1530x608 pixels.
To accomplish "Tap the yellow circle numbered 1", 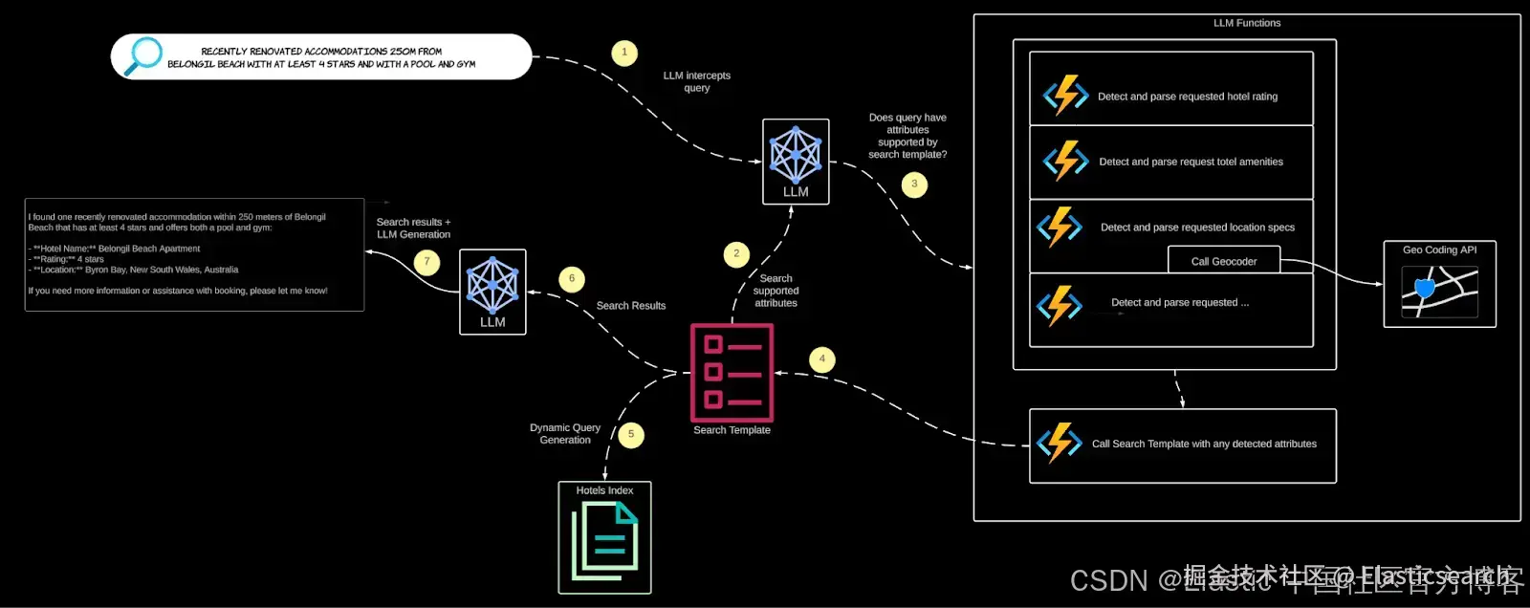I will point(624,53).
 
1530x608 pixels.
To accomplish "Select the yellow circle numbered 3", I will point(914,184).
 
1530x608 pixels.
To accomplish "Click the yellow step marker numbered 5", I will point(631,435).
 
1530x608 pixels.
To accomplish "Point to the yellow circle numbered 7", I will point(427,261).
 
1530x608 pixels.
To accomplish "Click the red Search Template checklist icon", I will point(732,373).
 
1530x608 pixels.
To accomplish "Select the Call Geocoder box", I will point(1224,261).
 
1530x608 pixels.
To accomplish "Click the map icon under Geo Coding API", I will point(1439,292).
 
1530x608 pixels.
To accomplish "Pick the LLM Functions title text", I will point(1247,23).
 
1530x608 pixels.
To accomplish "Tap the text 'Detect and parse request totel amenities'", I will point(1191,162).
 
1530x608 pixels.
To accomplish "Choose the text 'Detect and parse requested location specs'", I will point(1197,228).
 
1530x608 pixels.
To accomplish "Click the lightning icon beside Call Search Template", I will point(1060,444).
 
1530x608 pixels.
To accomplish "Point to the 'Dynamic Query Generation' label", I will point(565,434).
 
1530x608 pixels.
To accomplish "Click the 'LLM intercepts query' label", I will point(696,81).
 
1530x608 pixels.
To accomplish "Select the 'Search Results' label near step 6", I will point(630,306).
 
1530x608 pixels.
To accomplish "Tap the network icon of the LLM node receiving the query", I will point(796,155).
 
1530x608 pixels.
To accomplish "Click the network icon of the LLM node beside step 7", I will point(492,285).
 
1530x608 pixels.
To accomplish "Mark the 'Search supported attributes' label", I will point(776,291).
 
